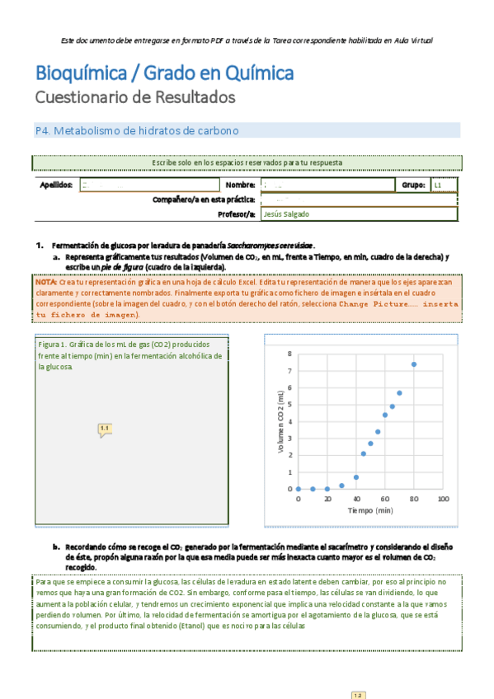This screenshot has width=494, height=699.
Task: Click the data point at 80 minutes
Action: click(x=414, y=364)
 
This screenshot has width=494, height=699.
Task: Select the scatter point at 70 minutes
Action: click(x=399, y=393)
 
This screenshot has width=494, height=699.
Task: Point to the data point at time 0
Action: click(x=299, y=489)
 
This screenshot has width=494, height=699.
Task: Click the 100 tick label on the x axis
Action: click(x=443, y=500)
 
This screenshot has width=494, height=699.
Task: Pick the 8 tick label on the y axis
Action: click(x=289, y=354)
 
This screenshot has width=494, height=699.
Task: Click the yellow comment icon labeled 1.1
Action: click(x=105, y=429)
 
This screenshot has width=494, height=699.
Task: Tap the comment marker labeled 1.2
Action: click(x=358, y=695)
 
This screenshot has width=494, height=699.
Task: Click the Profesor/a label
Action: click(x=235, y=214)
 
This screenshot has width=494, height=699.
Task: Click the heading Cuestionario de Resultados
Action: click(x=135, y=97)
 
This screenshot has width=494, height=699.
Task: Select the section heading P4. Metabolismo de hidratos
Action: click(x=137, y=131)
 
